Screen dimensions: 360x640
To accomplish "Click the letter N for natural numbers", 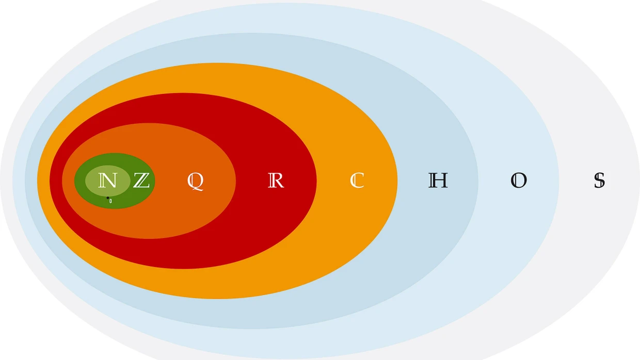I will (107, 181).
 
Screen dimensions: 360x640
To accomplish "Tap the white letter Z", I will (141, 181).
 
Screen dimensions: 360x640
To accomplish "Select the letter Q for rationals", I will (195, 181).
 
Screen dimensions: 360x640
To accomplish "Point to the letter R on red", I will (276, 181).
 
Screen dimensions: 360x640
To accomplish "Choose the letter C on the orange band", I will (357, 181).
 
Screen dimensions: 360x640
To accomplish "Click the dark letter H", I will (438, 181).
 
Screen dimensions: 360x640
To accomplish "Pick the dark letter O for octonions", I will (519, 181).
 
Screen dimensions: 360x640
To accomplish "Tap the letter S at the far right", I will (599, 181).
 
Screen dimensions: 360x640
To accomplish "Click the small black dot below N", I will (107, 198).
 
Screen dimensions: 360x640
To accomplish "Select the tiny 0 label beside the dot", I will (110, 201).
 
